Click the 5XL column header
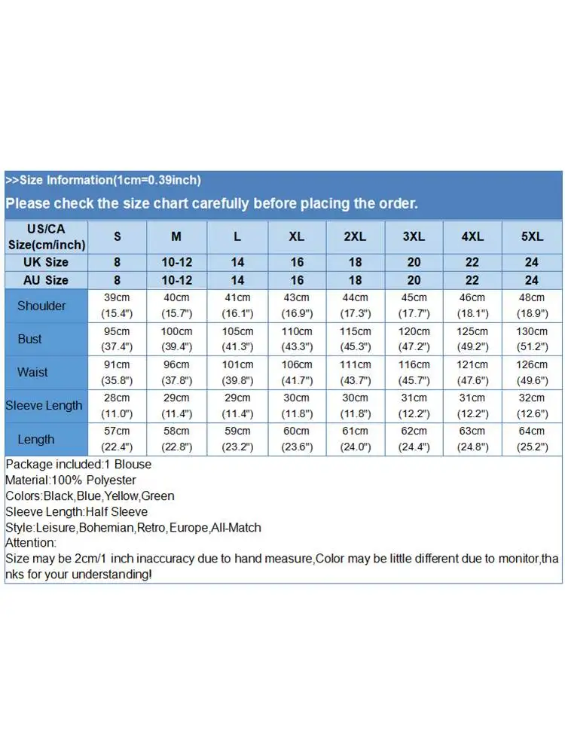tap(532, 236)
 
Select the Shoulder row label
tap(41, 306)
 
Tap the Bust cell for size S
tap(117, 339)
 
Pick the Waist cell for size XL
tap(296, 372)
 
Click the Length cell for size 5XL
tap(532, 438)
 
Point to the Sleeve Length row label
tap(44, 405)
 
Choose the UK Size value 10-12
tap(176, 262)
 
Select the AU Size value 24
tap(532, 280)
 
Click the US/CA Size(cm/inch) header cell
tap(46, 236)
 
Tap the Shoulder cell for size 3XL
tap(414, 306)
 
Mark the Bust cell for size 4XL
tap(472, 339)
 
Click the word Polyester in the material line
tap(110, 480)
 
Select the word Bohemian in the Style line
tap(106, 528)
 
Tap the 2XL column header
tap(355, 236)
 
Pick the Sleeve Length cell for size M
tap(176, 405)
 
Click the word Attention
tap(30, 543)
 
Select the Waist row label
tap(32, 372)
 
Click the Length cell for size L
tap(237, 438)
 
